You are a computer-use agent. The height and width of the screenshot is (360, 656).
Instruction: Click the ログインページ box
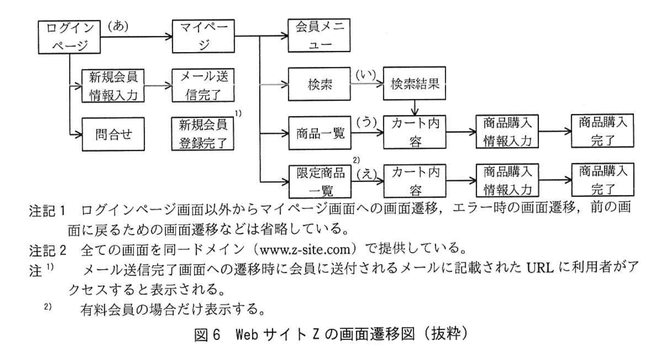(69, 37)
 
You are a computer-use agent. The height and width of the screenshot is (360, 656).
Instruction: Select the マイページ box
(203, 36)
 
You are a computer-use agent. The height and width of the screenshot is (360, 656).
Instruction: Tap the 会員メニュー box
(319, 35)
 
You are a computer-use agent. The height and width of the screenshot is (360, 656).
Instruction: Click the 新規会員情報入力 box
(113, 86)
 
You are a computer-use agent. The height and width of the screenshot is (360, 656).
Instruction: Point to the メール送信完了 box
(203, 85)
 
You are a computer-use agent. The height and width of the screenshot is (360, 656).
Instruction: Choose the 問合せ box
(113, 134)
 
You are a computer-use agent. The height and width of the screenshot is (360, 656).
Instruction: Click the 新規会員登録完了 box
(203, 134)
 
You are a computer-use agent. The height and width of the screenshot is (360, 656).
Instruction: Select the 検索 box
(319, 84)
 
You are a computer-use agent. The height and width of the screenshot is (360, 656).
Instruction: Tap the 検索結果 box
(414, 84)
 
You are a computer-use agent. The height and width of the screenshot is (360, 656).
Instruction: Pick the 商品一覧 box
(319, 133)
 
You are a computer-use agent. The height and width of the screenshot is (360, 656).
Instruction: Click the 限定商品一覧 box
(320, 181)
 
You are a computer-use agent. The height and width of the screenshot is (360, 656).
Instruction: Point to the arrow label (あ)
(118, 26)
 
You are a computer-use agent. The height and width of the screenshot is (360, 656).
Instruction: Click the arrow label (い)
(366, 75)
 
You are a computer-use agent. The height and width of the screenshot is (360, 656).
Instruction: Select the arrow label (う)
(366, 123)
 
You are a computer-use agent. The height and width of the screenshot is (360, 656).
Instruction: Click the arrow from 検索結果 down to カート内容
(415, 107)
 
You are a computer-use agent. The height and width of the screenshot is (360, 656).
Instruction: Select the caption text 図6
(207, 334)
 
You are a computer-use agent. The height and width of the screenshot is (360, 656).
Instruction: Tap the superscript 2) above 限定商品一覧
(356, 160)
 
